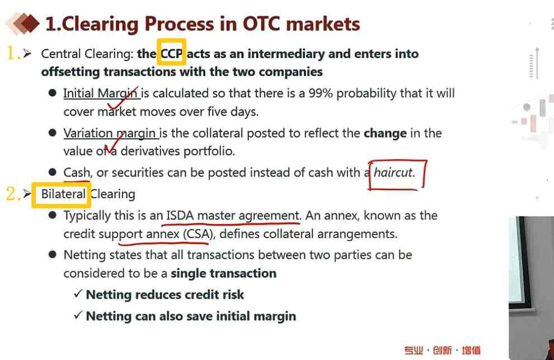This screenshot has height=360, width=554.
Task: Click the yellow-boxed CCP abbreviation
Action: (x=171, y=54)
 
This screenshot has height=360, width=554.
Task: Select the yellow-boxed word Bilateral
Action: (x=64, y=194)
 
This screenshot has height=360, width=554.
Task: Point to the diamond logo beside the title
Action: (x=22, y=24)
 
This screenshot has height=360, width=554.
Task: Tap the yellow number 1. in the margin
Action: (x=13, y=54)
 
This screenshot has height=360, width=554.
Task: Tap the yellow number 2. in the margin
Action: (x=13, y=194)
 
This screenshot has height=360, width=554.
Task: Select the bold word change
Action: (x=385, y=133)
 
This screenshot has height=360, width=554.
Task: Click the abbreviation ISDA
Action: (x=180, y=216)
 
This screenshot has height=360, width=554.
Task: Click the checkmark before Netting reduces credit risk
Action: (x=78, y=293)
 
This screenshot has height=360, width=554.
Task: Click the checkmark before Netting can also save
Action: (x=78, y=315)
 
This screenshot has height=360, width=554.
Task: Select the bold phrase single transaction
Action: (x=223, y=273)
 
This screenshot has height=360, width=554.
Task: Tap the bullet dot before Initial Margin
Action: (x=53, y=93)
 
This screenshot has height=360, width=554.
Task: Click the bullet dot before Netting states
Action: (x=53, y=255)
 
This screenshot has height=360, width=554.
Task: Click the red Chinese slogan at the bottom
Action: (x=442, y=350)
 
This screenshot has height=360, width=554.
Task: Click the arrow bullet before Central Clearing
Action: (x=27, y=54)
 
